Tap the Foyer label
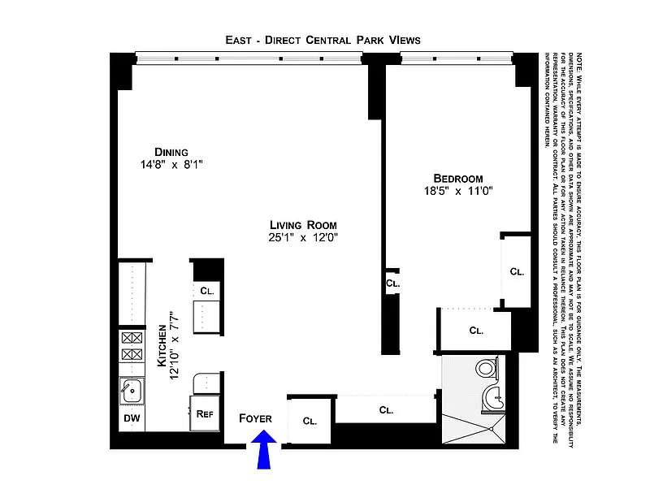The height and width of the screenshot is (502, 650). pyautogui.click(x=255, y=418)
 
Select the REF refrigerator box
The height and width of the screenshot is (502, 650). pyautogui.click(x=205, y=413)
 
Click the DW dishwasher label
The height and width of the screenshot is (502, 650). pyautogui.click(x=132, y=419)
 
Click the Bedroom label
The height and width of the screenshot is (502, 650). pyautogui.click(x=458, y=179)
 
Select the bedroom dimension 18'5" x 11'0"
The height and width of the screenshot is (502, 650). pyautogui.click(x=458, y=192)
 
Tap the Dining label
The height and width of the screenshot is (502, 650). pyautogui.click(x=171, y=152)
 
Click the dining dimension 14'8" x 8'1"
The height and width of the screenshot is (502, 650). pyautogui.click(x=171, y=165)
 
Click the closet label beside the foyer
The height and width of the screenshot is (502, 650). pyautogui.click(x=310, y=421)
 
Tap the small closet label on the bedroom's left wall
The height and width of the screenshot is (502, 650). pyautogui.click(x=392, y=283)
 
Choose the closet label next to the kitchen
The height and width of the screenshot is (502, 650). pyautogui.click(x=206, y=290)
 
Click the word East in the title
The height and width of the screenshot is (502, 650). pyautogui.click(x=240, y=40)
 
